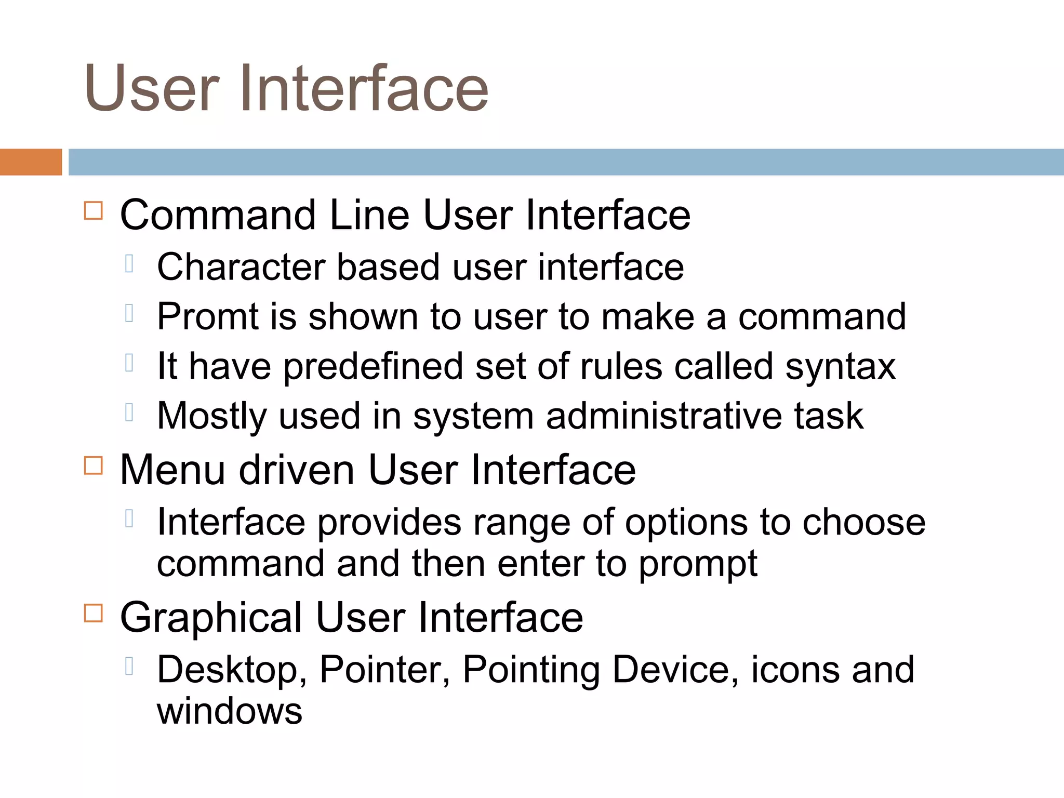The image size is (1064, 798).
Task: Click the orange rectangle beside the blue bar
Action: (31, 162)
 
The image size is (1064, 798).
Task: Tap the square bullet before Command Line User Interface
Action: (94, 211)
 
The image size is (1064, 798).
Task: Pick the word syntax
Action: (840, 367)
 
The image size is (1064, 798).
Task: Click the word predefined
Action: (373, 367)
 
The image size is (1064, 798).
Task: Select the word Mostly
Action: (211, 416)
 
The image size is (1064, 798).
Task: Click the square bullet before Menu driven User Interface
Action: (94, 465)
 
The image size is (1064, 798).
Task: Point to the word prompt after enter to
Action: (698, 564)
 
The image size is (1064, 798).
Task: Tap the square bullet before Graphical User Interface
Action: (94, 613)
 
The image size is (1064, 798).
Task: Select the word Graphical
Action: (211, 618)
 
